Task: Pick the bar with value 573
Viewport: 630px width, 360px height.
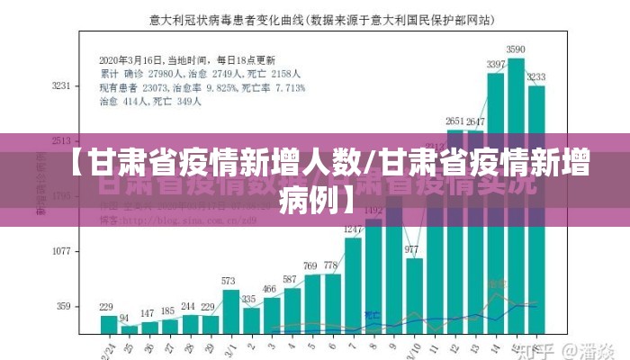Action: pyautogui.click(x=231, y=310)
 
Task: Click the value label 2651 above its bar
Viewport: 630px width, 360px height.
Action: pyautogui.click(x=455, y=120)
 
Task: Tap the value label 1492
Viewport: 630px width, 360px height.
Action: pyautogui.click(x=373, y=211)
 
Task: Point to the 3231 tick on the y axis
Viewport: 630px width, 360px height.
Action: pyautogui.click(x=61, y=86)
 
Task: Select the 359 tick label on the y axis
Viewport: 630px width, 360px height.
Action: pyautogui.click(x=63, y=306)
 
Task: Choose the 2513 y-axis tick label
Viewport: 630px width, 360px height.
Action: pyautogui.click(x=61, y=141)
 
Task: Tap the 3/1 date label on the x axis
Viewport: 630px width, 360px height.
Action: pyautogui.click(x=231, y=346)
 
